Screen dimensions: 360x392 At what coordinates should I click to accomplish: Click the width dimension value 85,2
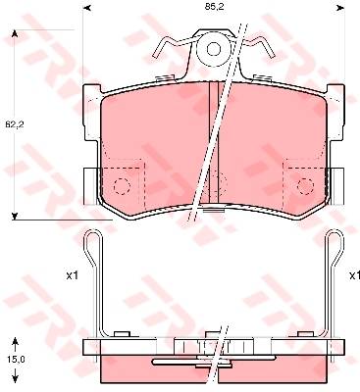214,8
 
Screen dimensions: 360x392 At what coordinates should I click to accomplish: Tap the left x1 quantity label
73,276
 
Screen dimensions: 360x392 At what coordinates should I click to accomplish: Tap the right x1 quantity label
354,276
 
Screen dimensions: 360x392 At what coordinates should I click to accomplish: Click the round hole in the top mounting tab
214,50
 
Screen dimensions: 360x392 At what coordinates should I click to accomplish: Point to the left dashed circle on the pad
122,186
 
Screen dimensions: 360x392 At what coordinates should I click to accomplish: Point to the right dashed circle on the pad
305,186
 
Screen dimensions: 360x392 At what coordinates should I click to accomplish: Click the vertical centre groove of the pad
214,142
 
